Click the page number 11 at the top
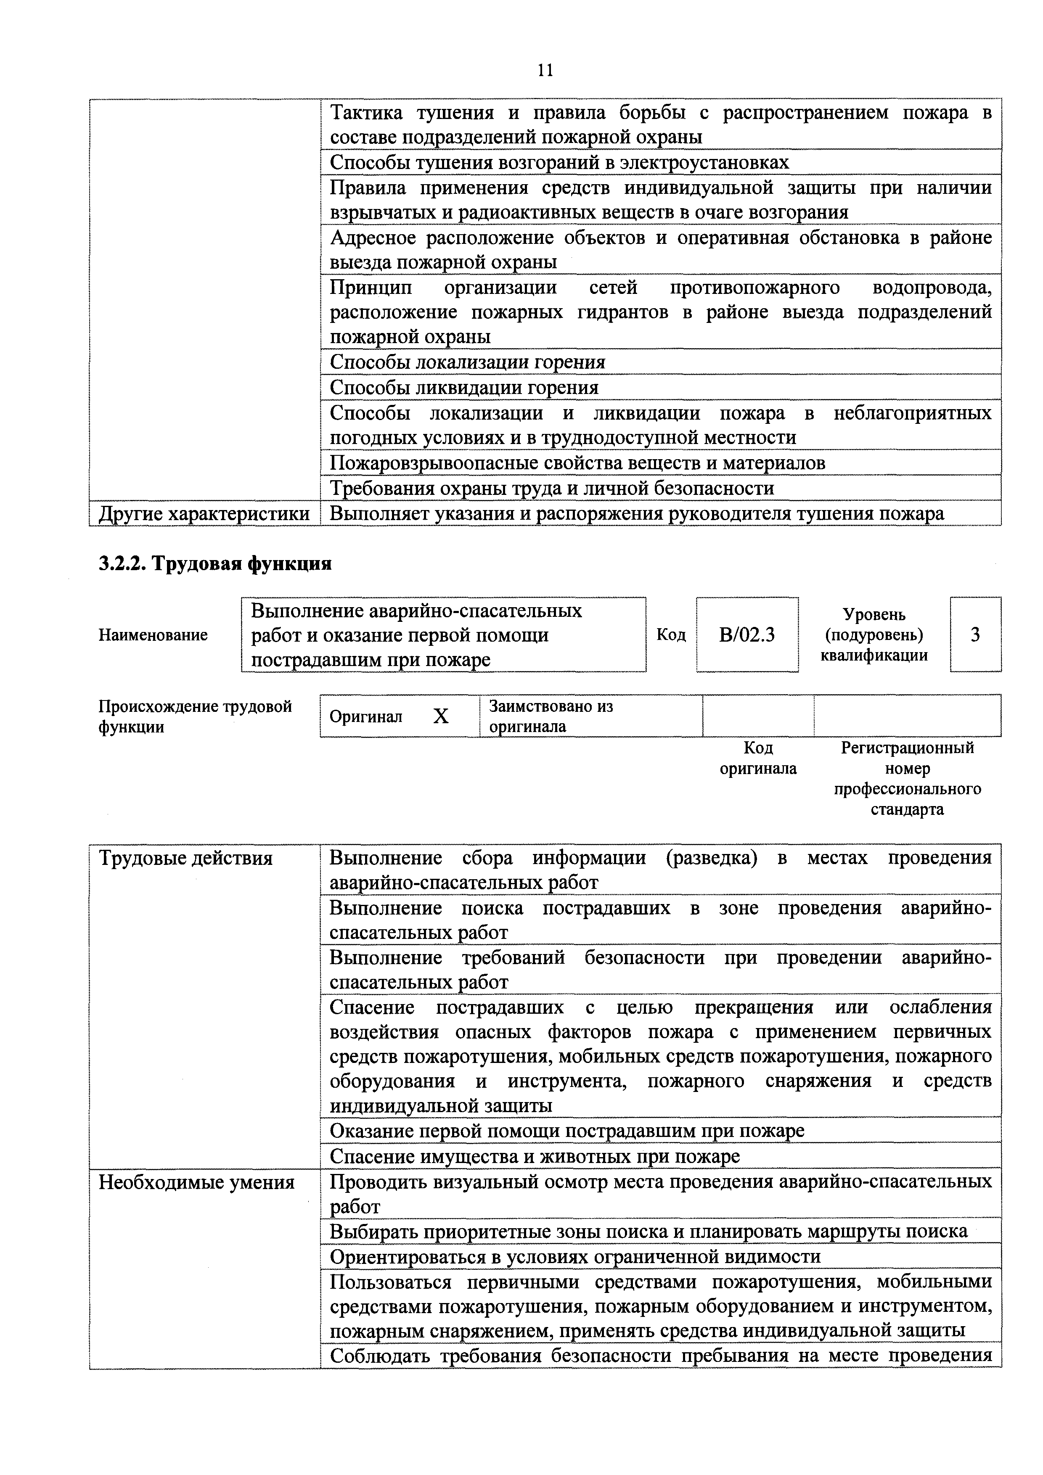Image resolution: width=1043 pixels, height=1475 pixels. [545, 70]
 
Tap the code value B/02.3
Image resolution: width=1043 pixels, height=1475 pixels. [747, 635]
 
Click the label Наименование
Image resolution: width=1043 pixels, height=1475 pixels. [153, 635]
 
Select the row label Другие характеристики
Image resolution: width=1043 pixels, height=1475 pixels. [204, 514]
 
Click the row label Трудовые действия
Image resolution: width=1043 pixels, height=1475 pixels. [186, 858]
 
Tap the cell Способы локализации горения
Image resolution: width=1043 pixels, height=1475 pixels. [467, 362]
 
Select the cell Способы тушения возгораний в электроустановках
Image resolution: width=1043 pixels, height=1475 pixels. [559, 163]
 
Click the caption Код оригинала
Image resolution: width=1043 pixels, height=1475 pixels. [758, 758]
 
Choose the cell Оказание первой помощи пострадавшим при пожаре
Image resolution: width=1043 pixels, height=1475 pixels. [567, 1131]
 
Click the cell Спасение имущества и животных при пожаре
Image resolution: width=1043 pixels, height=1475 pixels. [535, 1156]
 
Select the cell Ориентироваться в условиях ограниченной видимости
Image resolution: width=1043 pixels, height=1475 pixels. [575, 1257]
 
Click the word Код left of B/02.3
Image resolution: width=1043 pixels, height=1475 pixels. [671, 635]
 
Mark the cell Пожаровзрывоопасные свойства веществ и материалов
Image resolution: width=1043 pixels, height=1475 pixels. [577, 463]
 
